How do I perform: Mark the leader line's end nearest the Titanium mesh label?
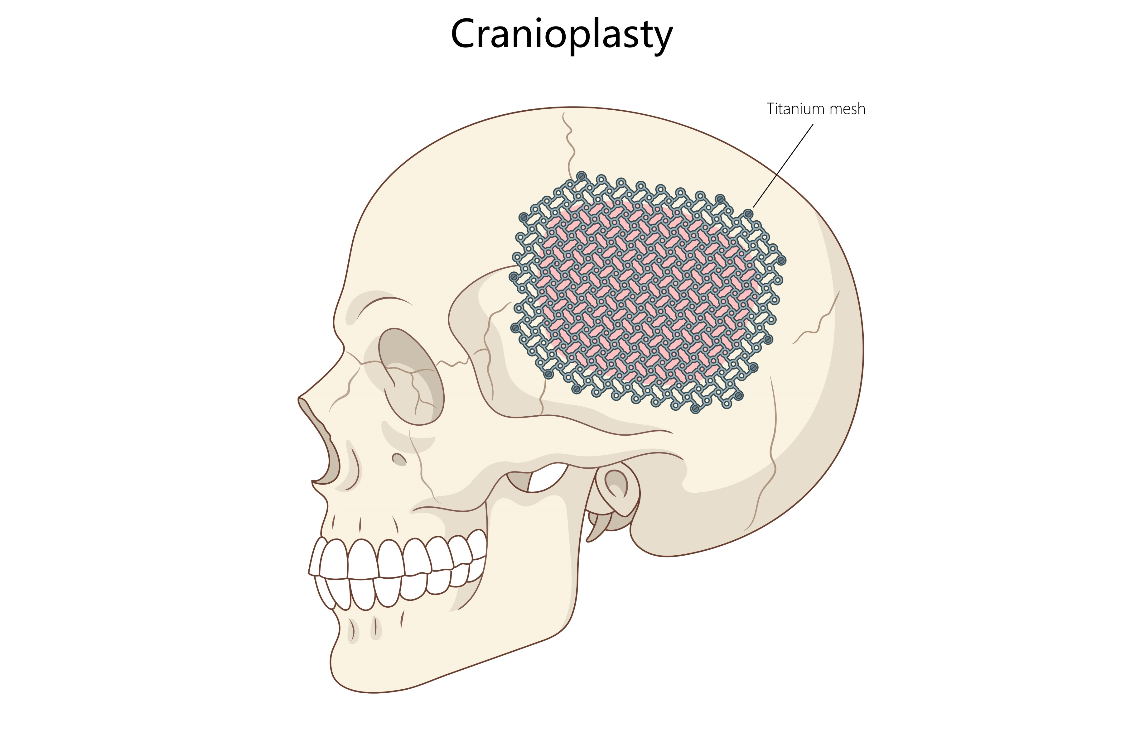coord(813,125)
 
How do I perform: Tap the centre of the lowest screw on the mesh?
coord(695,409)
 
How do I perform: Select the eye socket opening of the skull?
coord(411,376)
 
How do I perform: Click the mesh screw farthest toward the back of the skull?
coord(781,261)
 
